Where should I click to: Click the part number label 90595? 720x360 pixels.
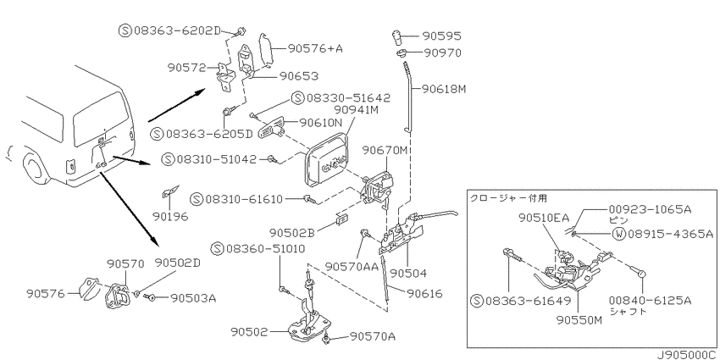click(x=441, y=36)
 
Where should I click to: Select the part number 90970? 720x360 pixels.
click(x=441, y=53)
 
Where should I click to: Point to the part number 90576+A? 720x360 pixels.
click(x=315, y=48)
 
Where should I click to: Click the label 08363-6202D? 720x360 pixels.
click(x=178, y=30)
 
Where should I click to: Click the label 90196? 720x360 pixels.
click(x=172, y=216)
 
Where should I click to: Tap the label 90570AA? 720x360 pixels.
click(x=352, y=267)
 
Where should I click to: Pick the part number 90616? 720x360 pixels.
click(x=424, y=293)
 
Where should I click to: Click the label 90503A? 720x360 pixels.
click(x=193, y=298)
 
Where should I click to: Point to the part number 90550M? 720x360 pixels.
click(x=579, y=320)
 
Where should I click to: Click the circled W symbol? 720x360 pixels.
click(x=619, y=234)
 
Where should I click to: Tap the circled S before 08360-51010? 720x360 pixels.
click(x=217, y=249)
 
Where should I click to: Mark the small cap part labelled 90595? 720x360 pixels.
click(x=396, y=36)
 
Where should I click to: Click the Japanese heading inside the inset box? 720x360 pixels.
click(x=508, y=198)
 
